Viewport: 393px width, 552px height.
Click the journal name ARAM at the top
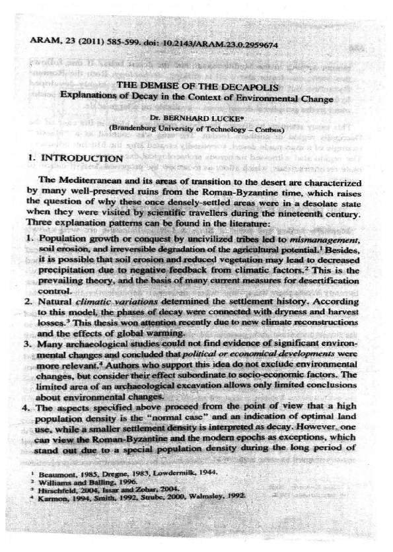pyautogui.click(x=44, y=43)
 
